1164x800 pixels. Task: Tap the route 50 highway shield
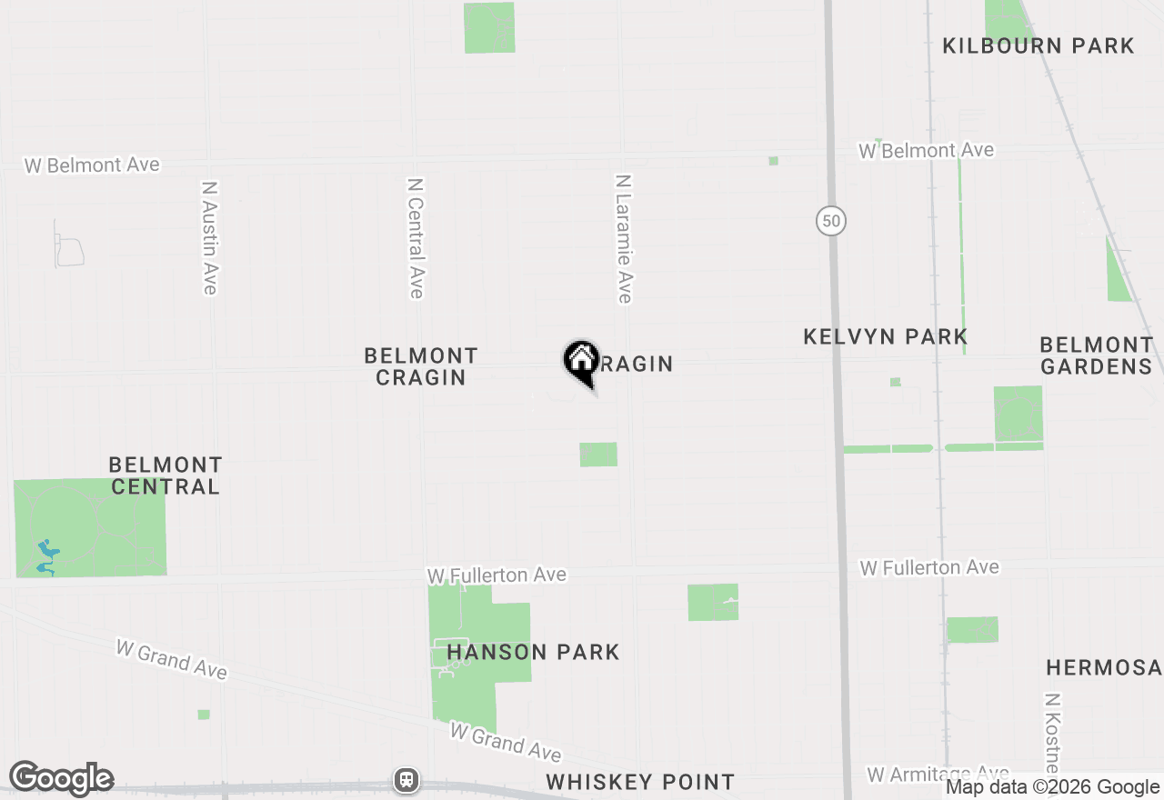coord(830,221)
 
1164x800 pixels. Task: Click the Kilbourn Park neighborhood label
coord(1039,45)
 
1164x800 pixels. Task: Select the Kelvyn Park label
coord(886,337)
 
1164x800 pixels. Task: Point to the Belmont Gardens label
coord(1097,355)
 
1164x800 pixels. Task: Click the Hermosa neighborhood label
coord(1104,668)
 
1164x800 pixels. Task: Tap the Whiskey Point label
coord(640,782)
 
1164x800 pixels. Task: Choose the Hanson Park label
coord(533,652)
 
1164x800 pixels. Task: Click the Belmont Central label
coord(166,475)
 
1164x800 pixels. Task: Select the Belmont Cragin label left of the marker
coord(421,366)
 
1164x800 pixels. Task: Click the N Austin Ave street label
coord(210,237)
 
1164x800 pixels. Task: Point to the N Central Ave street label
coord(416,237)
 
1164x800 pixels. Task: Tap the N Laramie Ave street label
coord(623,239)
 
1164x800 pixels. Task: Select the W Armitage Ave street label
coord(937,774)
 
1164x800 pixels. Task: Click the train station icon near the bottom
coord(406,779)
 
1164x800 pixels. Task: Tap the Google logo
coord(61,779)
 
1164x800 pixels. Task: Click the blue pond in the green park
coord(45,556)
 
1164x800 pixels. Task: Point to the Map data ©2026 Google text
coord(1052,787)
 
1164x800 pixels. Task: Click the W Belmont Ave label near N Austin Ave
coord(92,165)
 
